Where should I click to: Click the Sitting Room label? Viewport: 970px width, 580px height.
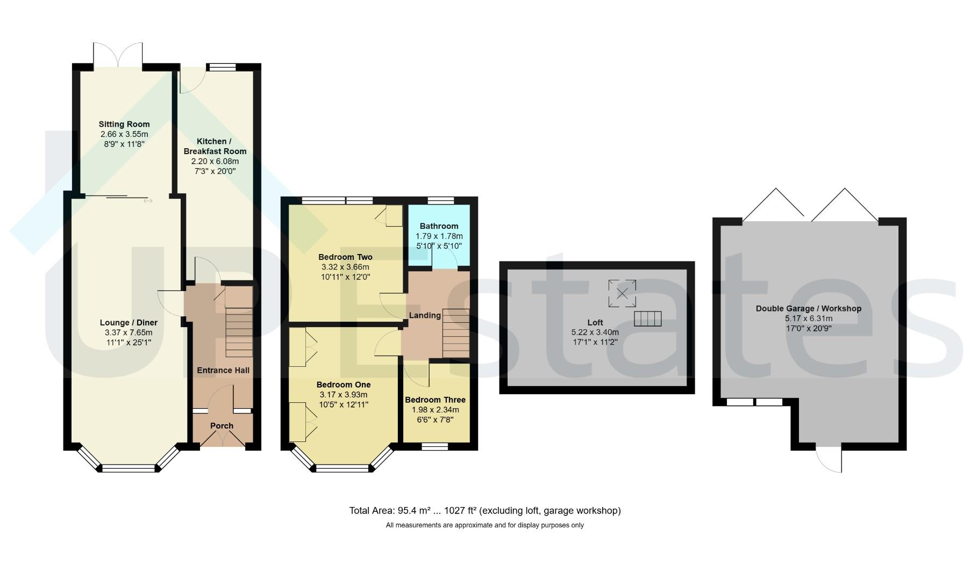point(124,124)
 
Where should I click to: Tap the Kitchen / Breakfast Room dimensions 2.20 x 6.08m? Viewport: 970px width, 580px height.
point(215,161)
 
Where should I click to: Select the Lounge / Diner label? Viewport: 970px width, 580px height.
point(129,323)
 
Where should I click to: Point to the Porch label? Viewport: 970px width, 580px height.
point(222,426)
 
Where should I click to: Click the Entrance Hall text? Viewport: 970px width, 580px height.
point(223,370)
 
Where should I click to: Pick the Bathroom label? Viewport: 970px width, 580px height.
point(439,226)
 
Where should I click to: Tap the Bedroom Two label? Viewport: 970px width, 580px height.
point(345,257)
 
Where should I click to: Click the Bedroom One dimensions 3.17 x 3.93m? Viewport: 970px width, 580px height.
point(344,395)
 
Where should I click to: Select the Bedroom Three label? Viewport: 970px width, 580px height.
point(435,400)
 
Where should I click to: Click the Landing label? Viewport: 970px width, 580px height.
point(425,315)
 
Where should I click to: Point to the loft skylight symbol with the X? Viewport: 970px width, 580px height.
point(622,293)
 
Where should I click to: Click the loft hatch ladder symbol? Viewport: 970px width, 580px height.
point(648,318)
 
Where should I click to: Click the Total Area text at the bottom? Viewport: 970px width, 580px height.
point(485,511)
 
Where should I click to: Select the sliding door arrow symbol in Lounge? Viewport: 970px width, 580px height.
point(148,201)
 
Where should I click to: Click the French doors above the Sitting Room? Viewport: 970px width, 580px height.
point(118,55)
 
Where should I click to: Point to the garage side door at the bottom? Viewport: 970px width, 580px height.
point(829,460)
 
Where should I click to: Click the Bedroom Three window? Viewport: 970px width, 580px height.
point(435,446)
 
